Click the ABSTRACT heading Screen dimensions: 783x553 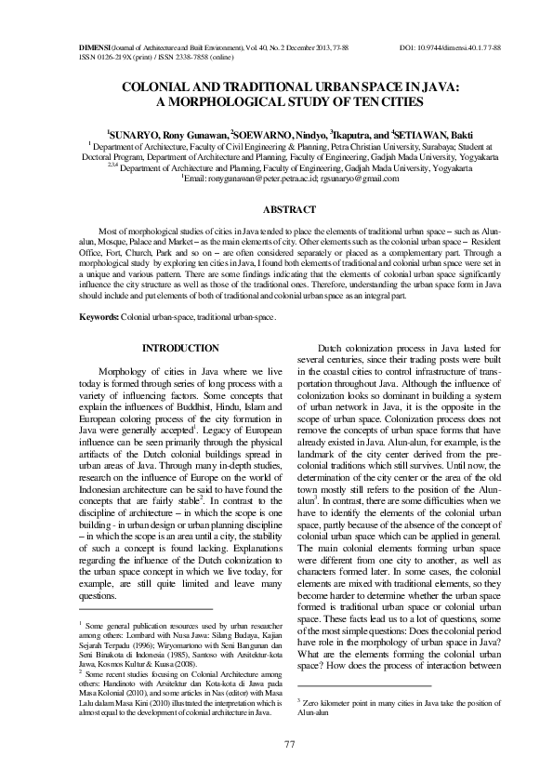coord(276,209)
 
